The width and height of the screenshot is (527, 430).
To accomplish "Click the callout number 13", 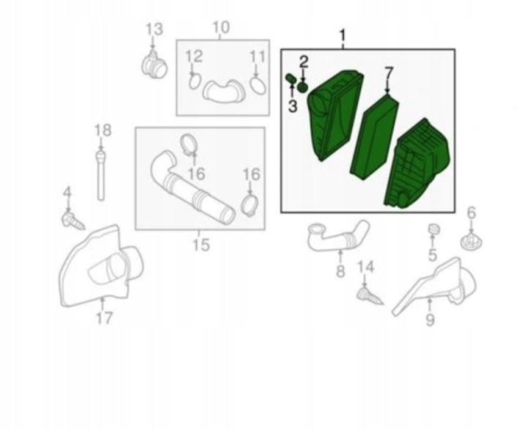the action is [154, 29].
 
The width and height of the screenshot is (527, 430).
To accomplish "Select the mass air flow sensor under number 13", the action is [154, 64].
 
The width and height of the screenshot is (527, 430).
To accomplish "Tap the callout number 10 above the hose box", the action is [221, 27].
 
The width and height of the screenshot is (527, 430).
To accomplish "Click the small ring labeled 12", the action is [194, 81].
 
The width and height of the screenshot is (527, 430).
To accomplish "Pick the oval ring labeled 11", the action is [258, 86].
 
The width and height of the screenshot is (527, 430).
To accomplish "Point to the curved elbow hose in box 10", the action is [223, 91].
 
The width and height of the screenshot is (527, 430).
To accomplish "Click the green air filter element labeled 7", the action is [375, 137].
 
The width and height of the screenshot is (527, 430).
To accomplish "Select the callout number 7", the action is [389, 74].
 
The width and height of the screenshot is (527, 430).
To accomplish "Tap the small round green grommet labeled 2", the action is [303, 87].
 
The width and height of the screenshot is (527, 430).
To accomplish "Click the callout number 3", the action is [293, 106].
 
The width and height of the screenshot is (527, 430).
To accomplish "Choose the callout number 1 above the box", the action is [343, 35].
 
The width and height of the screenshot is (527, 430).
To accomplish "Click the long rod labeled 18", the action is [100, 176].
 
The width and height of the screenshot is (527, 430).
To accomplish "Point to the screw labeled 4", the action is [73, 220].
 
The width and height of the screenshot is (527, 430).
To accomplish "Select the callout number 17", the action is [104, 318].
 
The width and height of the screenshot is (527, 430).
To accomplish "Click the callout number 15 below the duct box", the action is [201, 245].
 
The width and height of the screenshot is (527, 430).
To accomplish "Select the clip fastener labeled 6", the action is [471, 241].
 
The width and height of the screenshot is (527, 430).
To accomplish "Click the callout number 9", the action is [430, 319].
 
